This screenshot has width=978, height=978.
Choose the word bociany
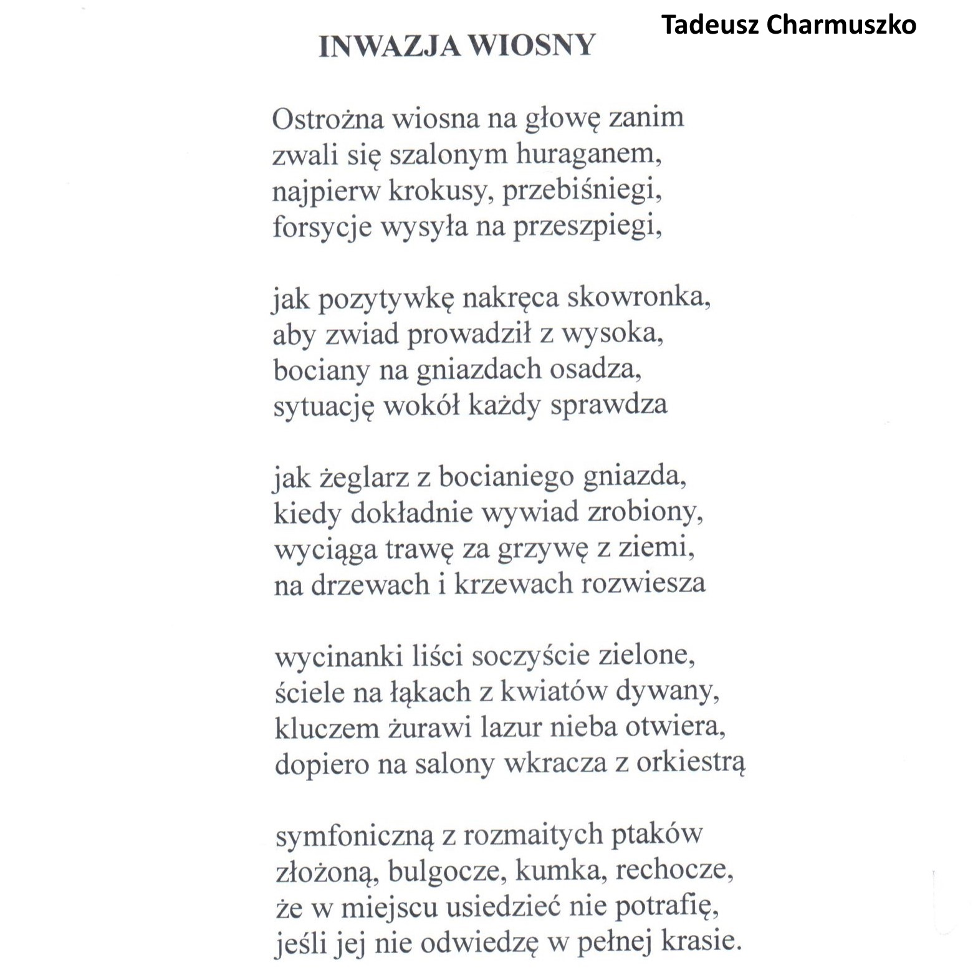coord(320,370)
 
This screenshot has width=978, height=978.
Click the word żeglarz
coord(363,479)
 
